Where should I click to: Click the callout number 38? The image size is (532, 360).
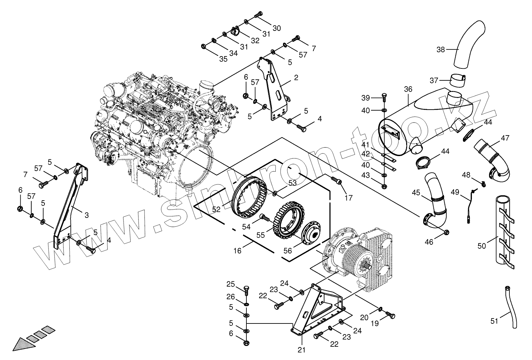[x=440, y=49]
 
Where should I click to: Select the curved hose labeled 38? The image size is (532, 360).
[x=467, y=46]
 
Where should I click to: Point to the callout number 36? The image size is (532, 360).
[x=408, y=89]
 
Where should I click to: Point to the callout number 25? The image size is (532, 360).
[x=231, y=284]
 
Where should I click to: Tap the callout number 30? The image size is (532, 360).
[x=277, y=28]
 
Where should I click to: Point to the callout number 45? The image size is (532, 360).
[x=416, y=193]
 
